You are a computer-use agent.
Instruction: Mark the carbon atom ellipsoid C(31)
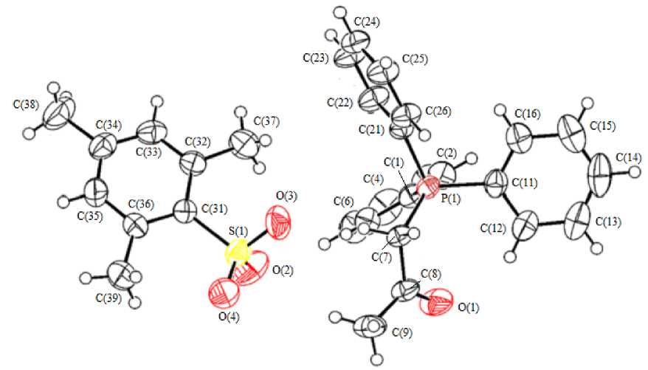pyautogui.click(x=185, y=215)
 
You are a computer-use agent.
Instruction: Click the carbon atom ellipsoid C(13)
pyautogui.click(x=581, y=223)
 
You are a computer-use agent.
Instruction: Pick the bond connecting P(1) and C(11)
pyautogui.click(x=463, y=183)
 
